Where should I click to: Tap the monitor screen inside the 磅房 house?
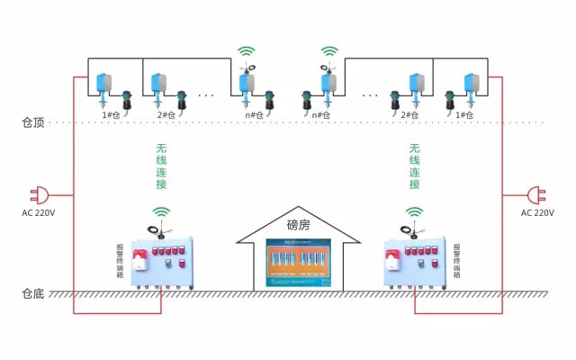(297, 264)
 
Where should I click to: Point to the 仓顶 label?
(34, 121)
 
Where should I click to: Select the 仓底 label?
(34, 293)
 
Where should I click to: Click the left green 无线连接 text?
(162, 166)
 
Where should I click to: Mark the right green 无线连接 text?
(415, 166)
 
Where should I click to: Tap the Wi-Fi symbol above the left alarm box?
(161, 212)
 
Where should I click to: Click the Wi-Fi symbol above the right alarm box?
(414, 212)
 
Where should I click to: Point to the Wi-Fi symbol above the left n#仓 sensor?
(247, 51)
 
